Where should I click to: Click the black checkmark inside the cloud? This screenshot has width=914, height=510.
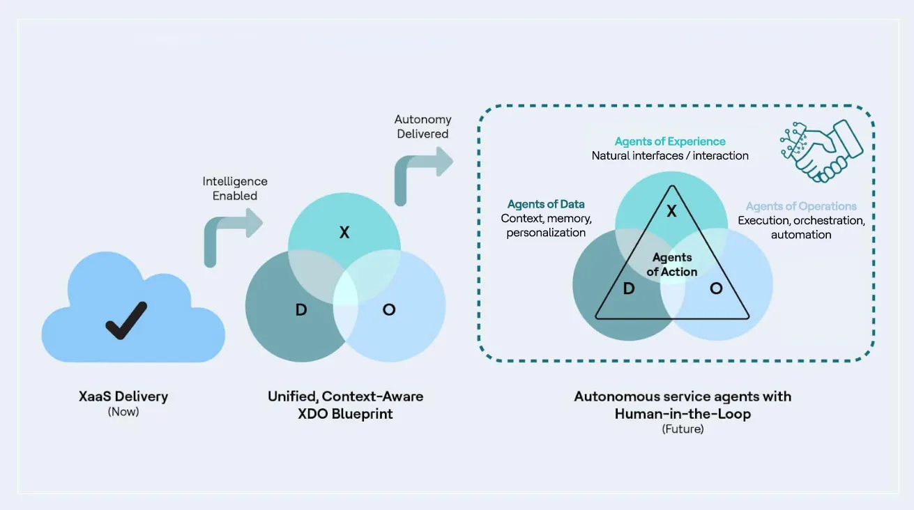(126, 320)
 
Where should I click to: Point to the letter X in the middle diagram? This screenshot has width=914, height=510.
(344, 233)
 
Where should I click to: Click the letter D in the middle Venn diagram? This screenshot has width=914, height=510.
(301, 309)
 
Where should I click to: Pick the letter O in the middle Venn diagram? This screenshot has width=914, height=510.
(389, 309)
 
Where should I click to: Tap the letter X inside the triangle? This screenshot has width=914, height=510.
(671, 211)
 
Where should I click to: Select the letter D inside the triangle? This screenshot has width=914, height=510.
(628, 288)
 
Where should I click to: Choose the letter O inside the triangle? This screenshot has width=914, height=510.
(716, 288)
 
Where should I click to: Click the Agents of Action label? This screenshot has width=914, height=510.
(671, 265)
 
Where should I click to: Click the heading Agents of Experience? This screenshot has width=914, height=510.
(670, 141)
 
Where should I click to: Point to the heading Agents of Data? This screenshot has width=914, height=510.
(546, 204)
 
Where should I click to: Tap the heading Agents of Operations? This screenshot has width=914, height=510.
(801, 206)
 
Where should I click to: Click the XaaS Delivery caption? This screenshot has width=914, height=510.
(123, 396)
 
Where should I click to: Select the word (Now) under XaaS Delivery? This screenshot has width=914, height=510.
(123, 412)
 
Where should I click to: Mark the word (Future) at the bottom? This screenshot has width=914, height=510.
(683, 429)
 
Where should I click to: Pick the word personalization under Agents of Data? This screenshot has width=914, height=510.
(546, 233)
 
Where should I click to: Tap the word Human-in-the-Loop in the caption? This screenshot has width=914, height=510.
(683, 414)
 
